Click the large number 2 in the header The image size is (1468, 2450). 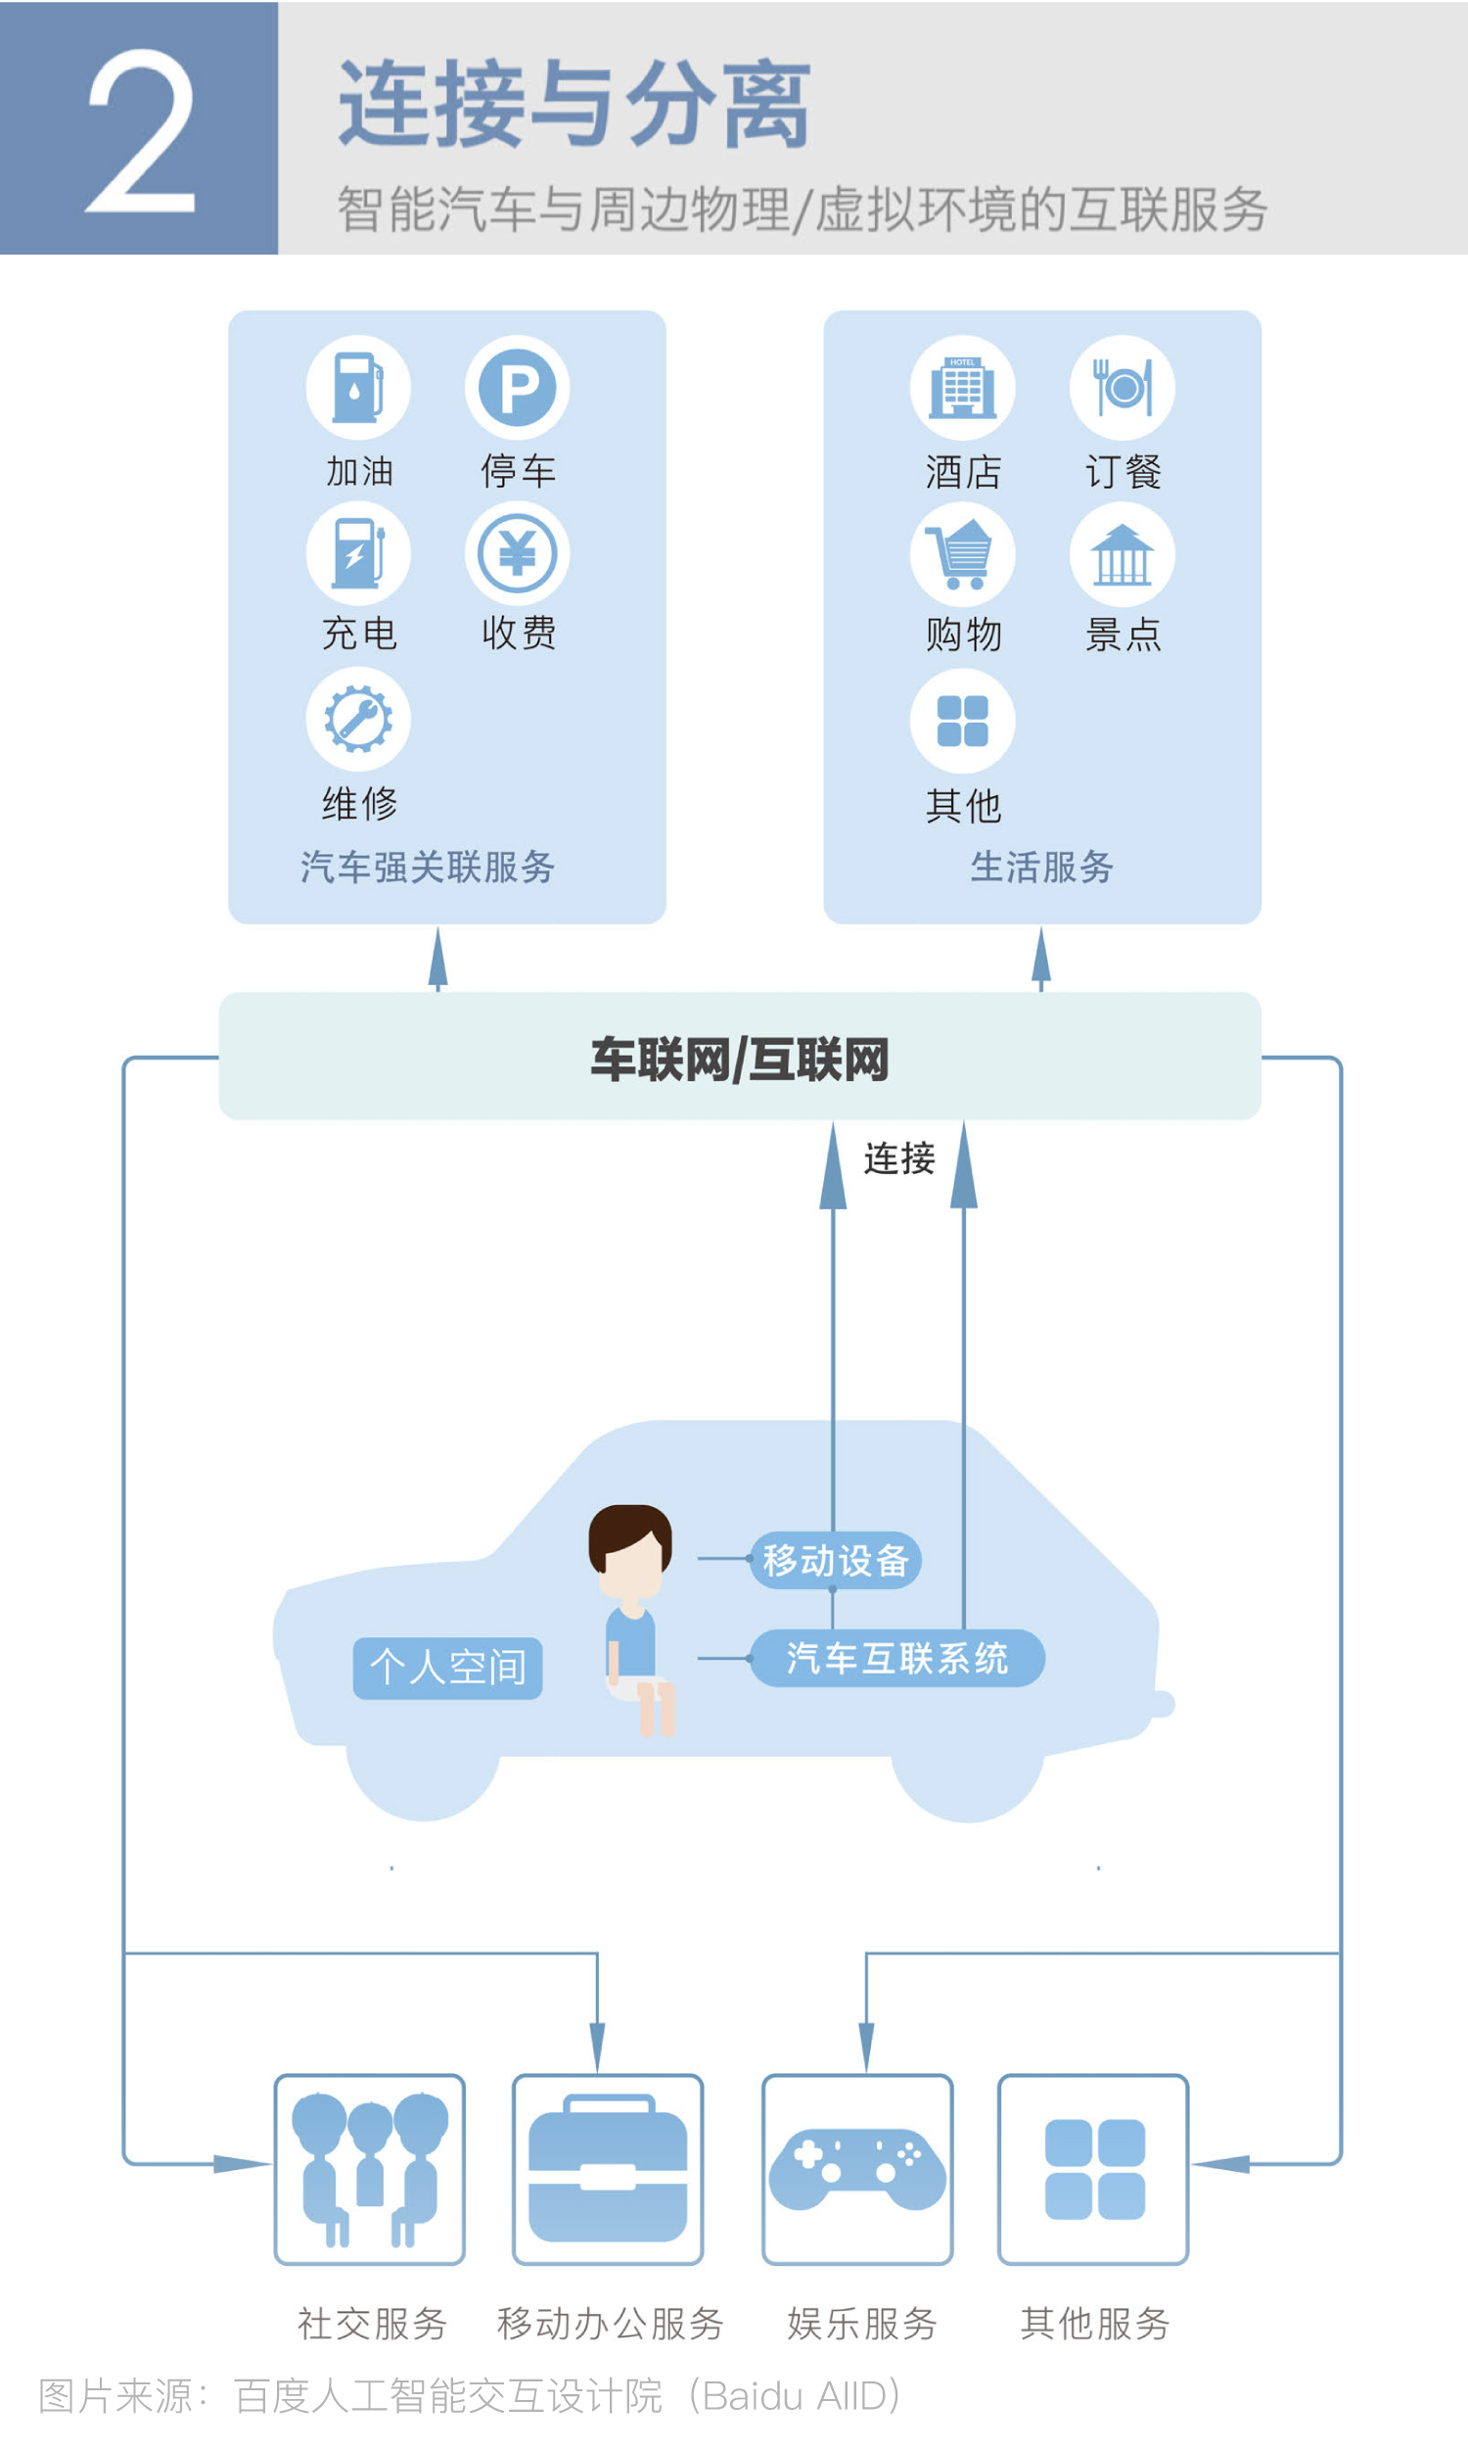pos(141,130)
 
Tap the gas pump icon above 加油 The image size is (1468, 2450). pos(358,387)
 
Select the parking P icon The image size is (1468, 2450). pos(518,387)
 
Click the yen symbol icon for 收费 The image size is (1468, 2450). pos(518,553)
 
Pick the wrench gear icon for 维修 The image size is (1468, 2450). pos(358,720)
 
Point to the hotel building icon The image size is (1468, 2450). pos(962,387)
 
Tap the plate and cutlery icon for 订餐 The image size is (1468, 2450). pos(1122,387)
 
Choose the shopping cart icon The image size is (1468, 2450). pos(962,553)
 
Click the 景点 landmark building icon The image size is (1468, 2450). pos(1122,553)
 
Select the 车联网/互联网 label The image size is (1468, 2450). pos(740,1060)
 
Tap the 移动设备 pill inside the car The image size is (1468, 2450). pos(836,1561)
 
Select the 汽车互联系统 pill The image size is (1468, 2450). pos(897,1659)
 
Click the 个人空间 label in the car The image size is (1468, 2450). pos(447,1669)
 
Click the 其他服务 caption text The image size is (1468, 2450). pos(1095,2324)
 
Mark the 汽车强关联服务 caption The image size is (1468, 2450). pos(428,867)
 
